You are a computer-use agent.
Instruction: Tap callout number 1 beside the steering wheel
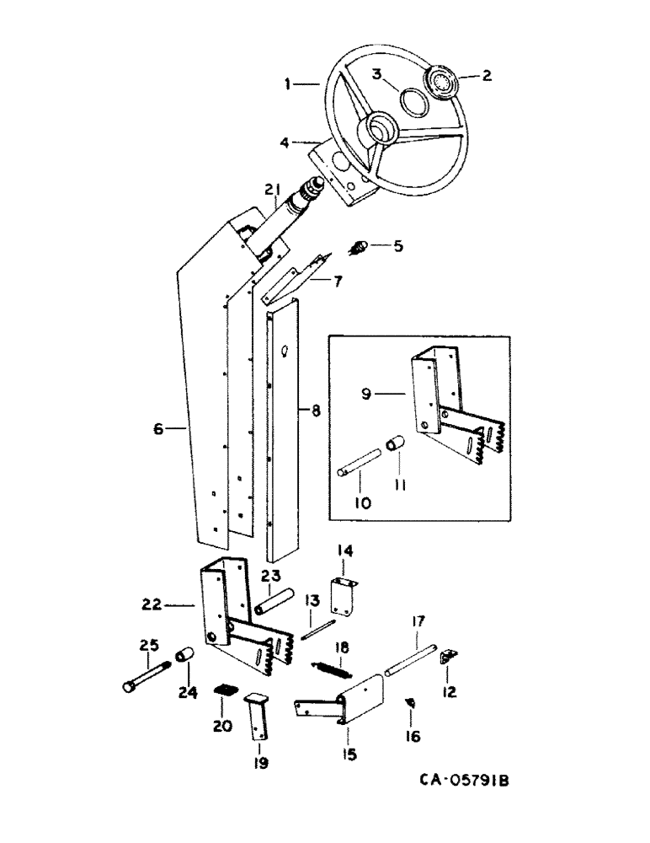(x=288, y=83)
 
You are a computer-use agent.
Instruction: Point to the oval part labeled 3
(x=413, y=102)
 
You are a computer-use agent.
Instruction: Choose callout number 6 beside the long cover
(x=158, y=428)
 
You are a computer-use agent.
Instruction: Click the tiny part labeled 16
(x=411, y=701)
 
